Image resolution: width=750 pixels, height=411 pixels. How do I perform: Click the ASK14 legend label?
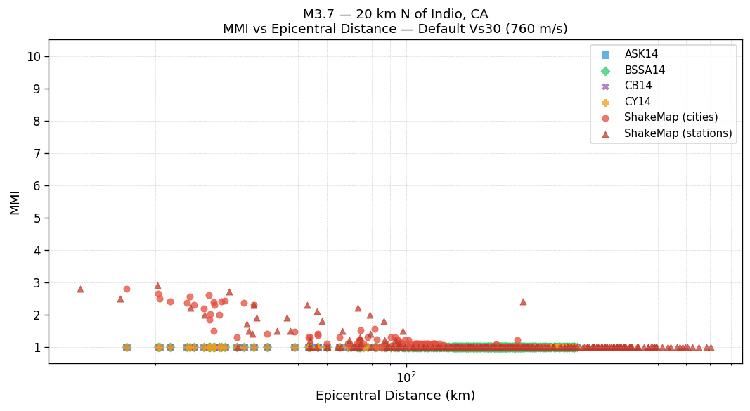(641, 54)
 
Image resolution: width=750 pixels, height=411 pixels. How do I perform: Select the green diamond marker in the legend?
(605, 70)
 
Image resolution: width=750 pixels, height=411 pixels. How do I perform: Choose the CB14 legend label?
(638, 86)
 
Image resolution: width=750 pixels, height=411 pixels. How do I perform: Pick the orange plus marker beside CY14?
(605, 102)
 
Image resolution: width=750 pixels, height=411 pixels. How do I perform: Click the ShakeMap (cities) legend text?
(671, 117)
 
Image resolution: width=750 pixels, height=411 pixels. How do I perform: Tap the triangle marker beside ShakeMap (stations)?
(605, 133)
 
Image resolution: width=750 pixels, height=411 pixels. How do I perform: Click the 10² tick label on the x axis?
(406, 377)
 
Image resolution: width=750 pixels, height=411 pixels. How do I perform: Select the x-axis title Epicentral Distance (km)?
(395, 396)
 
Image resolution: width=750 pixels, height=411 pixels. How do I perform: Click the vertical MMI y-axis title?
(14, 202)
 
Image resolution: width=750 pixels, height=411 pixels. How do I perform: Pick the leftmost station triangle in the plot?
(80, 289)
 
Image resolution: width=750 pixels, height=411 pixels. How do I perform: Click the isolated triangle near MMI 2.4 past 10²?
(523, 301)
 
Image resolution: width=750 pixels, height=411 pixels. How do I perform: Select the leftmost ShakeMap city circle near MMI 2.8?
(127, 289)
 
